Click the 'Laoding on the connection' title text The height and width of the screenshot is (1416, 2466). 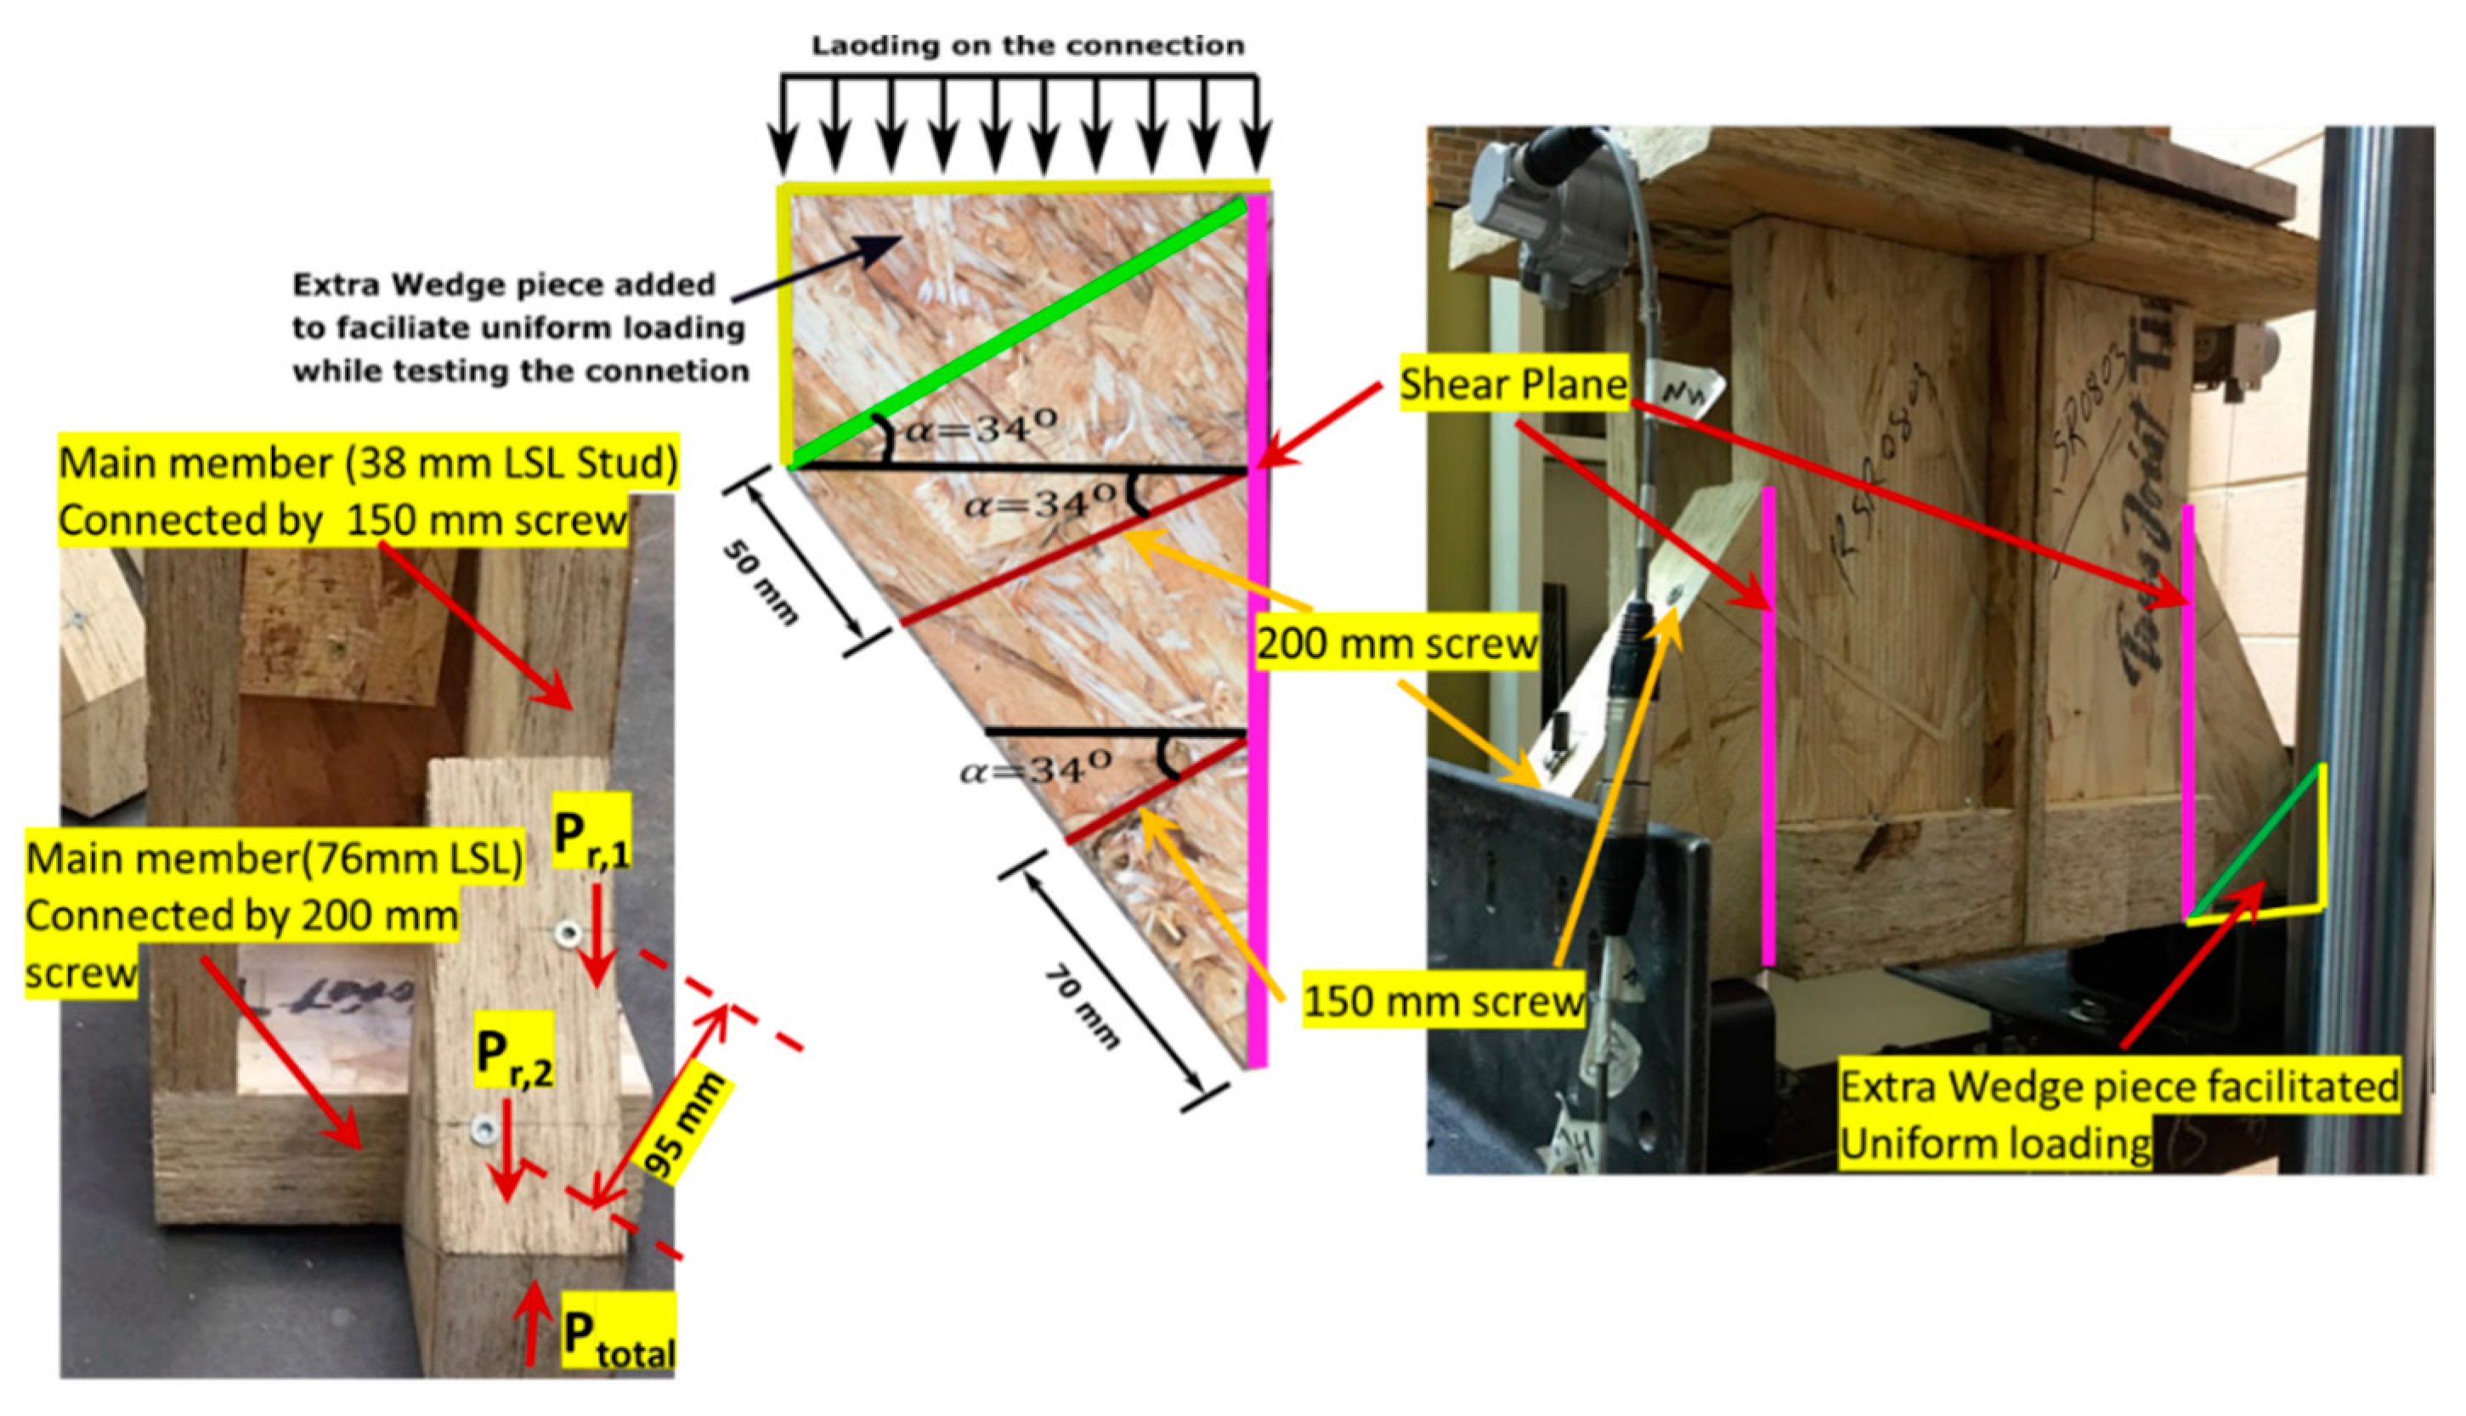(1028, 46)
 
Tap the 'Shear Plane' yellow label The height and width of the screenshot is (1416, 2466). (1513, 384)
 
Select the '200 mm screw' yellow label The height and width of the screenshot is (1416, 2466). (1397, 643)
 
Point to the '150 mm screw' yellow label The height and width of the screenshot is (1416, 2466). (1444, 1000)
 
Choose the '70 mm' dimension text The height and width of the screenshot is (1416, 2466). (1082, 1007)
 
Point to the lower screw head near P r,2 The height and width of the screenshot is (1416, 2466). (484, 1129)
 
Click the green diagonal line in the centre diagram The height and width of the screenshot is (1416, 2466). (1017, 335)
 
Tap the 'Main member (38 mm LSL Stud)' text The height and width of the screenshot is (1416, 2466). (368, 463)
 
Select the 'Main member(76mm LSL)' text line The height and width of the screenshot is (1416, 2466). (274, 858)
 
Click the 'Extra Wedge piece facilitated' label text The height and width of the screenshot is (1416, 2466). (2118, 1086)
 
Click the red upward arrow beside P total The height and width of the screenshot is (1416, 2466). (532, 1323)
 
